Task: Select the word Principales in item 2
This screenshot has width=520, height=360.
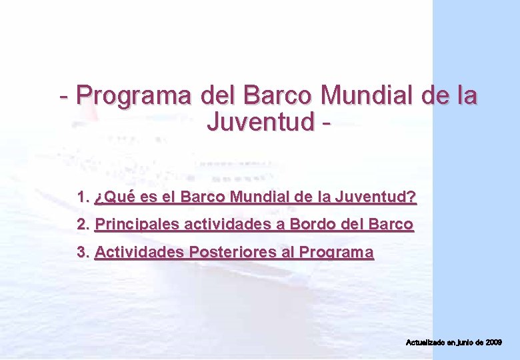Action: coord(137,225)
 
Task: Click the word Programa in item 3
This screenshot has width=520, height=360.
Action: coord(336,252)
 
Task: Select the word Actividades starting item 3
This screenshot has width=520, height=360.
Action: coord(139,252)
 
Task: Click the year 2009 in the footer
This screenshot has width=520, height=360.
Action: coord(493,342)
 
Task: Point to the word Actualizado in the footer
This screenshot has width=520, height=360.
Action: coord(425,342)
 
